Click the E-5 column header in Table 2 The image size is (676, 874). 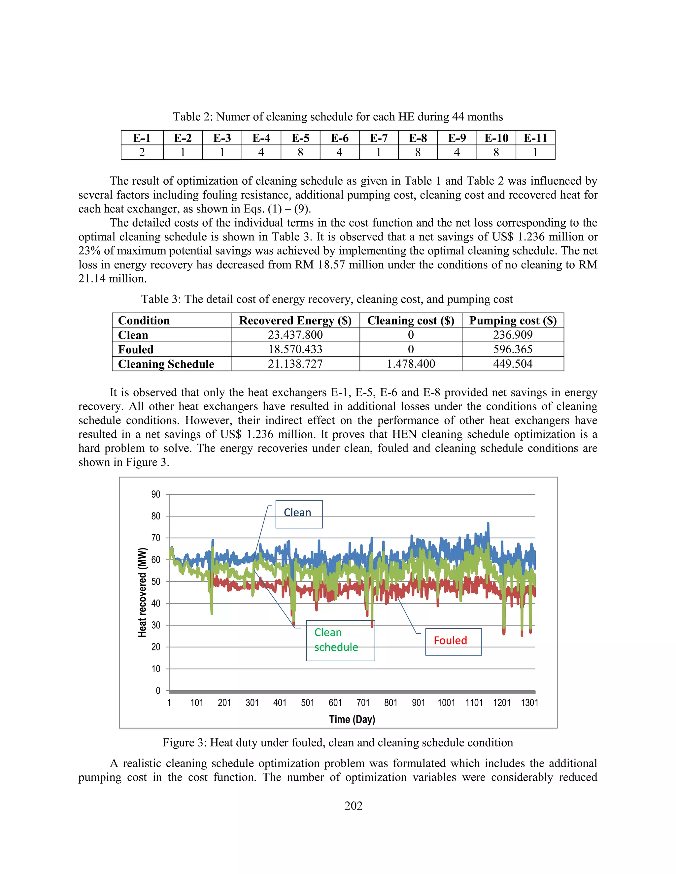[x=300, y=138]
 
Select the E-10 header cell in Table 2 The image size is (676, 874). [x=496, y=138]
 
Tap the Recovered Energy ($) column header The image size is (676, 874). [x=295, y=321]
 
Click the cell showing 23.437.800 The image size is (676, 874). [x=295, y=335]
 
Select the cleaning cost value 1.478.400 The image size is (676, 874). [x=411, y=364]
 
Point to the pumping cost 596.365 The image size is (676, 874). [x=513, y=349]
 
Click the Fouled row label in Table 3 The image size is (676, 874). [x=136, y=349]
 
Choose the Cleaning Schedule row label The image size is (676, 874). [x=166, y=364]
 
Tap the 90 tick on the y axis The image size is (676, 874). [x=156, y=495]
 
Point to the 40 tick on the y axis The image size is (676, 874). [x=156, y=604]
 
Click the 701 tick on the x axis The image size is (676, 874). [x=363, y=703]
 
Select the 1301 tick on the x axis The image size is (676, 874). [x=529, y=703]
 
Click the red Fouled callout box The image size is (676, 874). [x=453, y=641]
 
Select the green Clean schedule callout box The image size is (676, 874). [x=340, y=640]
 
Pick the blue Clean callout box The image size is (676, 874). [x=299, y=514]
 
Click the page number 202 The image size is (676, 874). [x=353, y=806]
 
